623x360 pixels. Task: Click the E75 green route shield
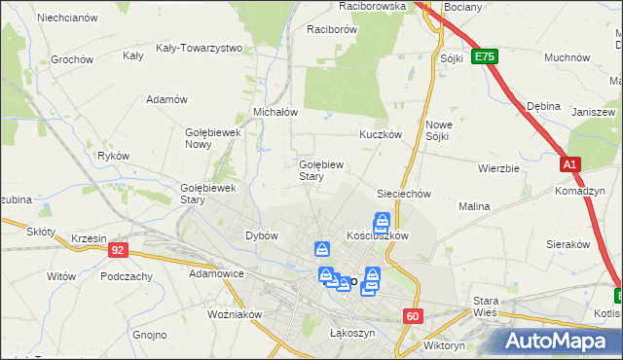click(485, 57)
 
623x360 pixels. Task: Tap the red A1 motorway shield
click(570, 165)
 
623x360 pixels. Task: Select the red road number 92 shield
click(118, 250)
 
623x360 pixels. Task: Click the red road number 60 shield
click(415, 315)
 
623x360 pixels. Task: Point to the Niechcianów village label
click(66, 18)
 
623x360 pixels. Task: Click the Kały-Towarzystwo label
click(199, 47)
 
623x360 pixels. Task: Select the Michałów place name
click(275, 112)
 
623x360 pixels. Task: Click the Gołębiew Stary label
click(319, 170)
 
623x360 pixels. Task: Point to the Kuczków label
click(381, 134)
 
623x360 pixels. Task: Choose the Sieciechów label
click(404, 194)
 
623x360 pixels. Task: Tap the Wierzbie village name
click(498, 167)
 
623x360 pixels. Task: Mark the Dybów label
click(262, 235)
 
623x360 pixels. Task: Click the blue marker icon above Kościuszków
click(383, 222)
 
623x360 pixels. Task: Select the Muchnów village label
click(568, 57)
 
